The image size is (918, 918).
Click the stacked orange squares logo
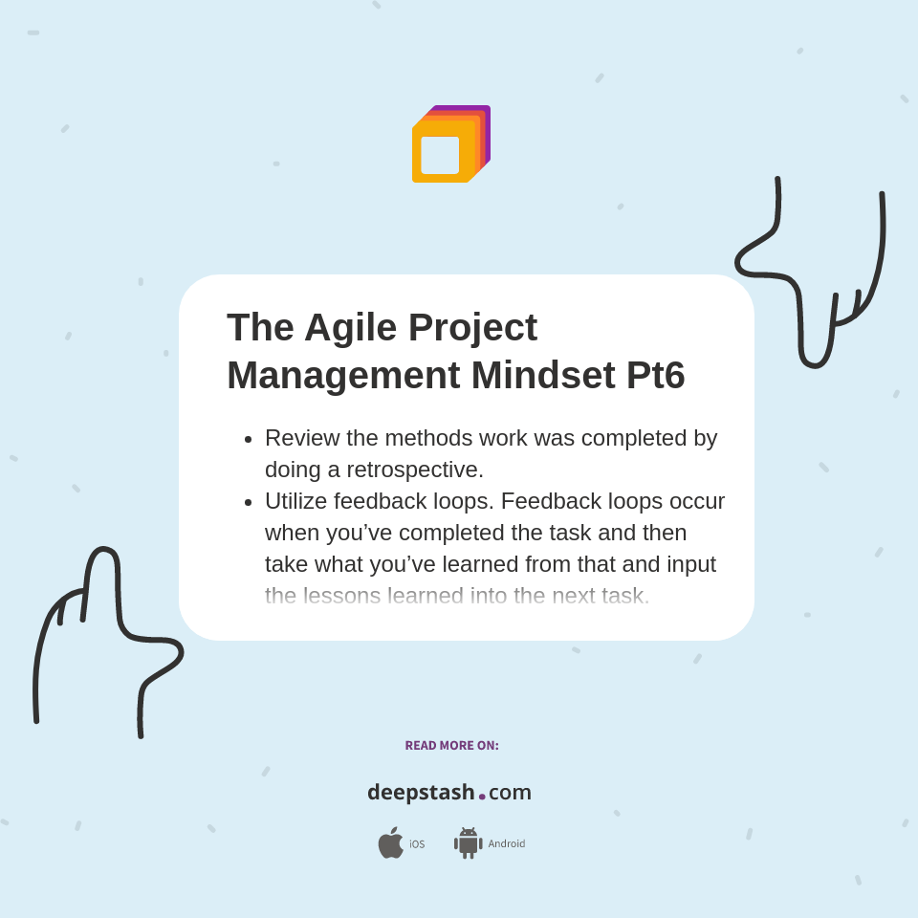pyautogui.click(x=450, y=144)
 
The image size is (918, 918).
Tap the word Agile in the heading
pyautogui.click(x=350, y=327)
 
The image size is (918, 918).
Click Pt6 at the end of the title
pyautogui.click(x=655, y=375)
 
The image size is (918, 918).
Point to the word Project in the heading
pyautogui.click(x=472, y=327)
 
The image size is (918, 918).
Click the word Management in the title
pyautogui.click(x=342, y=375)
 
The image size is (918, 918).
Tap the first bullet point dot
pyautogui.click(x=249, y=439)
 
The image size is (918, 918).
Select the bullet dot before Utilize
pyautogui.click(x=249, y=502)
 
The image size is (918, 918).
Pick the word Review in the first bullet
pyautogui.click(x=300, y=438)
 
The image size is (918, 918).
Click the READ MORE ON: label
pyautogui.click(x=451, y=746)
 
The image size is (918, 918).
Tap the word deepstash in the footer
pyautogui.click(x=421, y=793)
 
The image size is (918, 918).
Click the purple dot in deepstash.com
pyautogui.click(x=482, y=797)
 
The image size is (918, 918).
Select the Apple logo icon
pyautogui.click(x=390, y=842)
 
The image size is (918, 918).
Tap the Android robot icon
pyautogui.click(x=468, y=843)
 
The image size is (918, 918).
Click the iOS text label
pyautogui.click(x=417, y=844)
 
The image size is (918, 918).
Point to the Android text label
pyautogui.click(x=506, y=844)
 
